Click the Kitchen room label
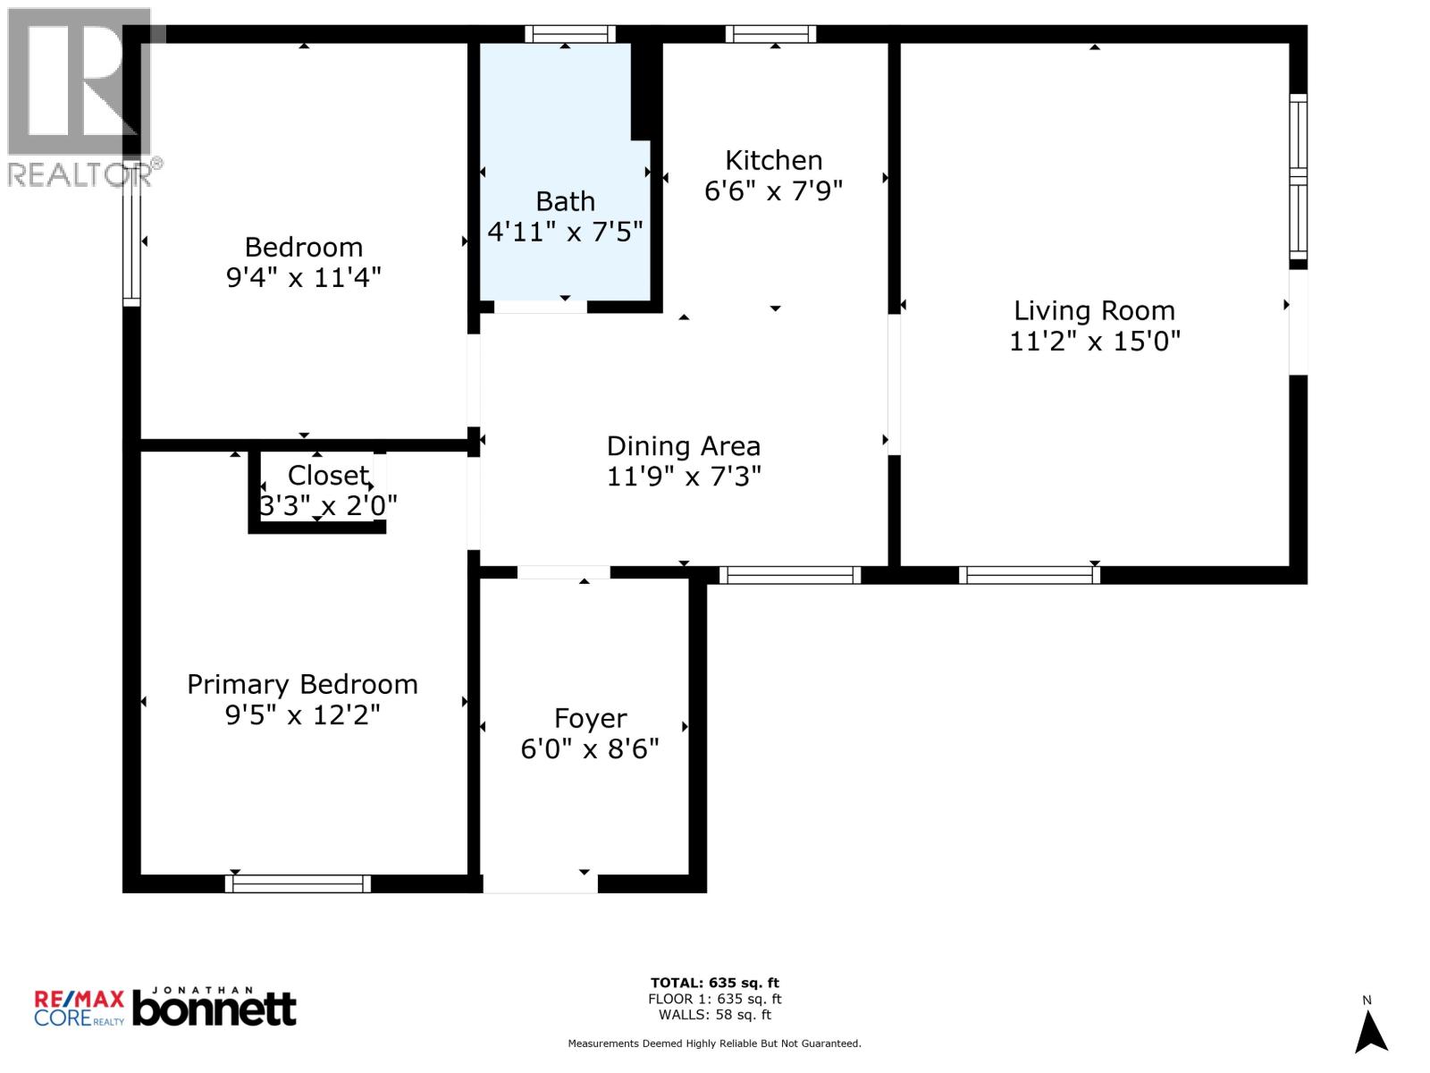pyautogui.click(x=773, y=161)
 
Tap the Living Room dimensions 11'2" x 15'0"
pyautogui.click(x=1095, y=342)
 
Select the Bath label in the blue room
pyautogui.click(x=565, y=202)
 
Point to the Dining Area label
pyautogui.click(x=684, y=446)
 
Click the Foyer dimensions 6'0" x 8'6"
pyautogui.click(x=590, y=749)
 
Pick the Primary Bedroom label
pyautogui.click(x=302, y=685)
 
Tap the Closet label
pyautogui.click(x=328, y=476)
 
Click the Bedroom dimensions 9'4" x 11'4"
pyautogui.click(x=304, y=278)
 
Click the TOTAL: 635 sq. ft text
pyautogui.click(x=715, y=984)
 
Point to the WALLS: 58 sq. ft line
pyautogui.click(x=715, y=1015)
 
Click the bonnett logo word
pyautogui.click(x=214, y=1010)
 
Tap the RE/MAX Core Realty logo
pyautogui.click(x=79, y=1008)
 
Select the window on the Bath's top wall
pyautogui.click(x=569, y=34)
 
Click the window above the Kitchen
pyautogui.click(x=770, y=34)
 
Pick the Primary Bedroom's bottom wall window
pyautogui.click(x=298, y=883)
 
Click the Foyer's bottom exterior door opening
pyautogui.click(x=540, y=883)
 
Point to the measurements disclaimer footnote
pyautogui.click(x=715, y=1043)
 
